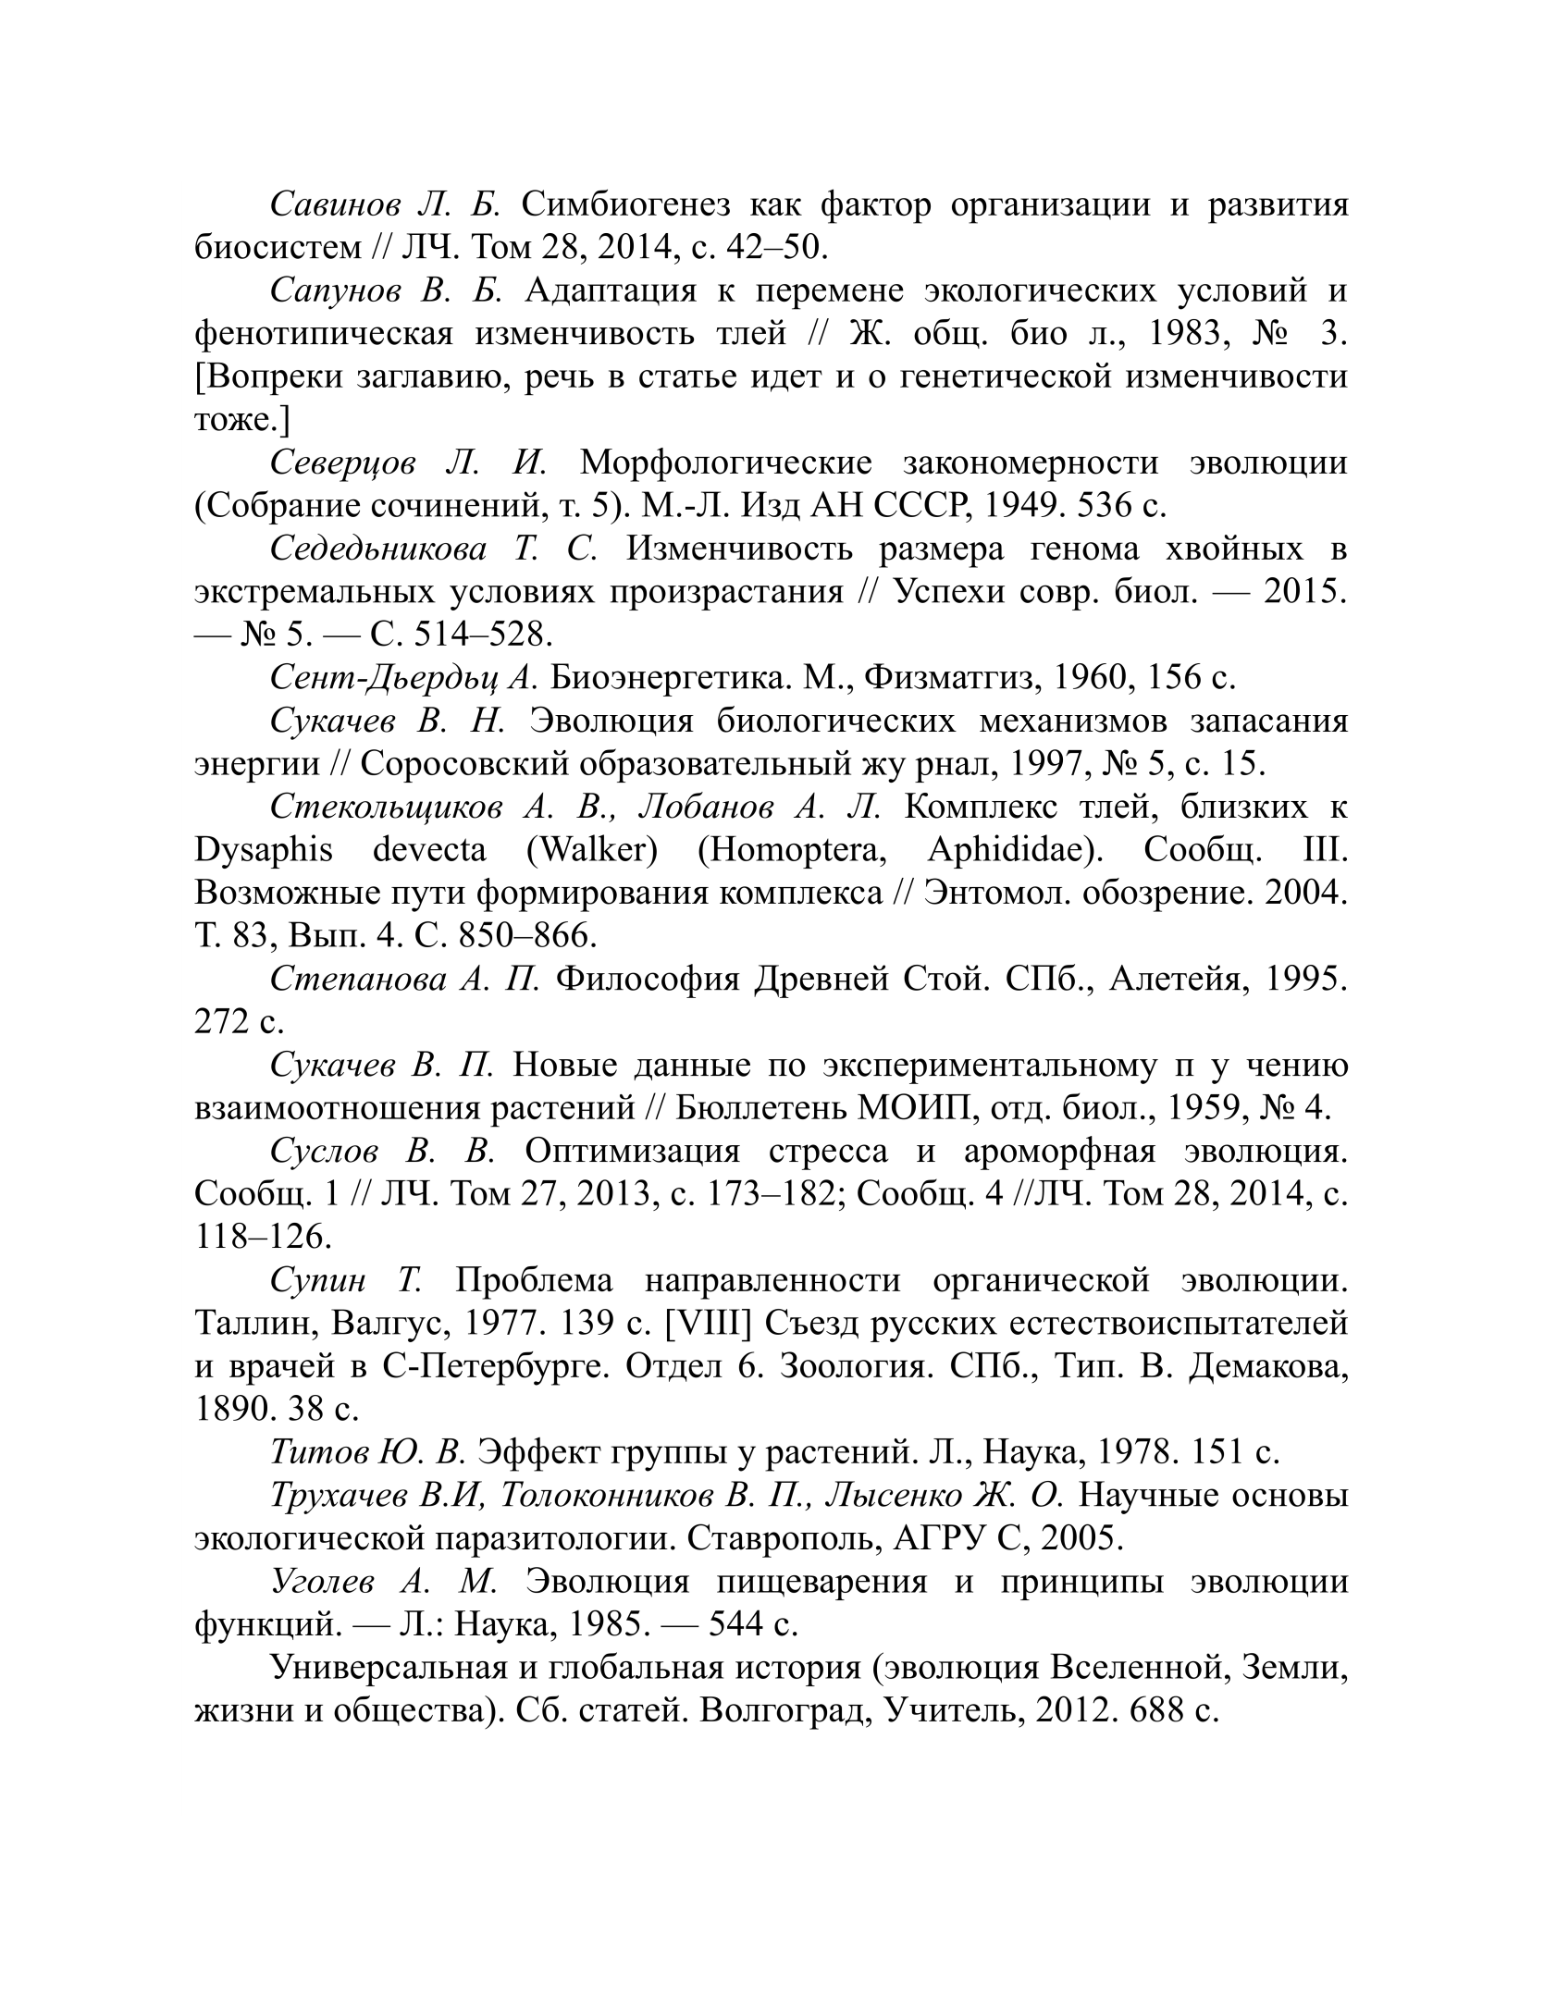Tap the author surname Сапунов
(x=335, y=290)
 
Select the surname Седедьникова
(x=378, y=549)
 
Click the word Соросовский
(x=468, y=764)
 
